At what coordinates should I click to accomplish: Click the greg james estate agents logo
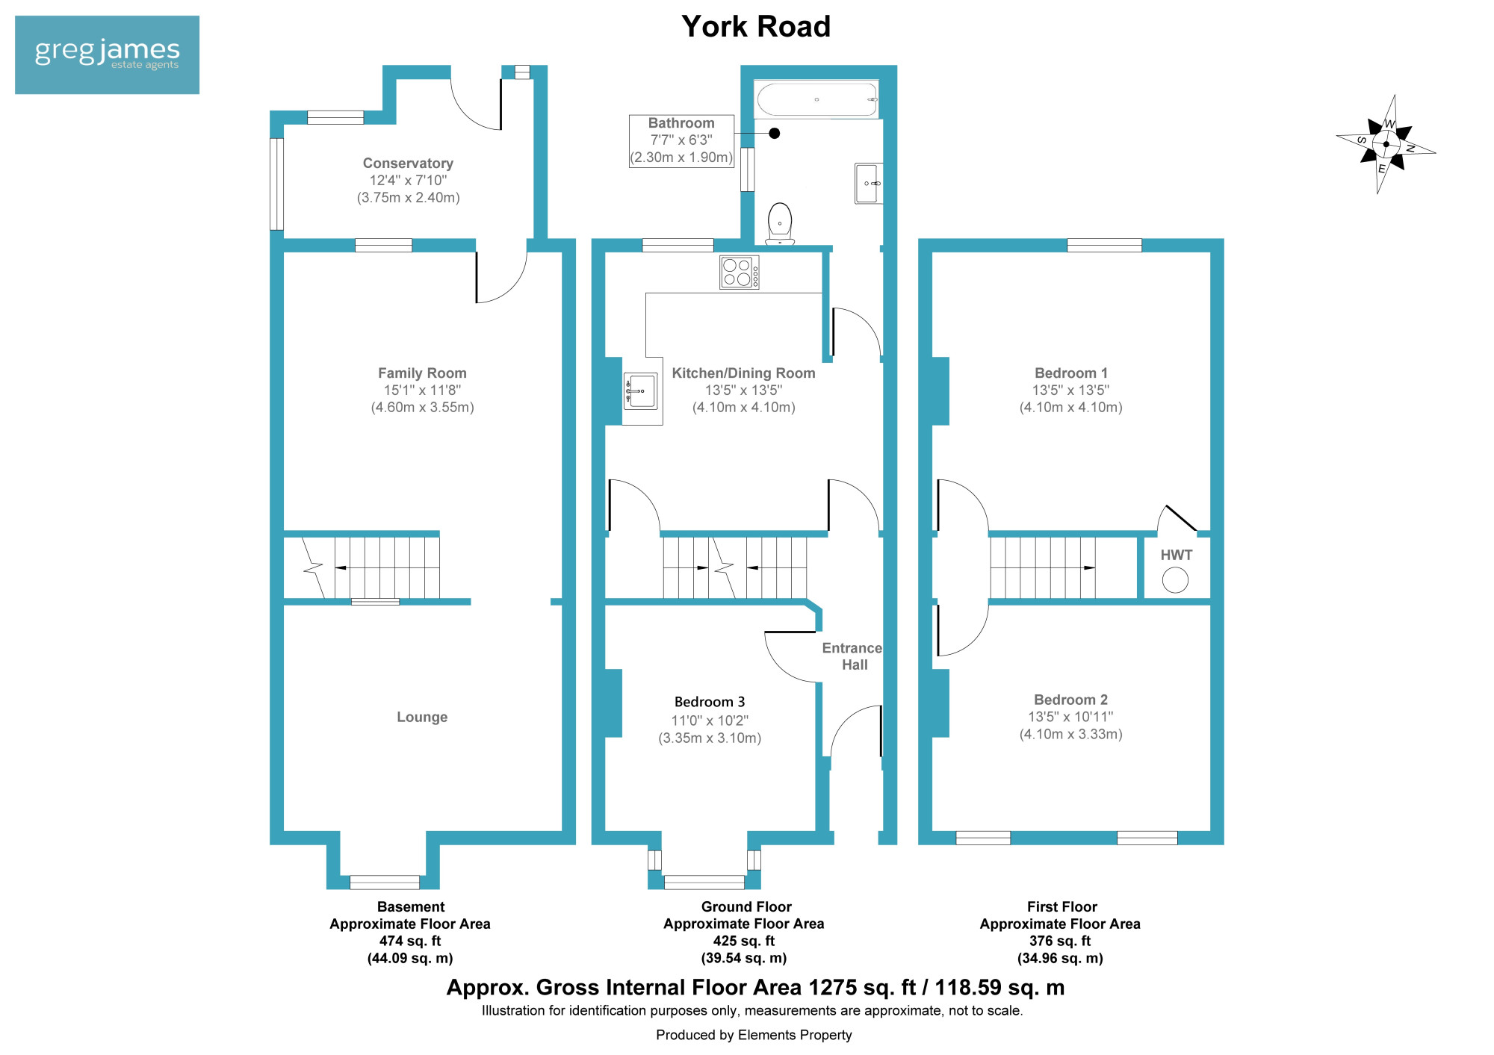coord(107,55)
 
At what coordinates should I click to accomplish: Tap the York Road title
coord(756,27)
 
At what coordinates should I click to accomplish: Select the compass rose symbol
coord(1386,144)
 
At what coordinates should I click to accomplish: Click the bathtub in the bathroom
coord(816,99)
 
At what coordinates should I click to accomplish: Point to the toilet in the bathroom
coord(780,223)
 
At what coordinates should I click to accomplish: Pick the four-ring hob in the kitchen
coord(740,272)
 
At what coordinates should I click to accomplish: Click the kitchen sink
coord(640,391)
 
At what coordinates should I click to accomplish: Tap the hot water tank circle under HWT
coord(1175,580)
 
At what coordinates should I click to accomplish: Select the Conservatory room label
coord(408,163)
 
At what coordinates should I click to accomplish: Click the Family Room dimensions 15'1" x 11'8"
coord(422,390)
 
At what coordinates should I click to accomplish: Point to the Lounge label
coord(422,717)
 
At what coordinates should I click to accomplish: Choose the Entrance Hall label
coord(852,656)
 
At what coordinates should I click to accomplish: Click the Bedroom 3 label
coord(710,702)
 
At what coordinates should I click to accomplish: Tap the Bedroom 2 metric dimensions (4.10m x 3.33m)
coord(1071,734)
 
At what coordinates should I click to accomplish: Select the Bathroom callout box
coord(681,140)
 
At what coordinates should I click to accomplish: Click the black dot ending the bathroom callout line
coord(775,133)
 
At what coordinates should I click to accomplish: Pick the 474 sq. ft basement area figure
coord(410,941)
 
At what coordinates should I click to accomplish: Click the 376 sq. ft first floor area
coord(1060,941)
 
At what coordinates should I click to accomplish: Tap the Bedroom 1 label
coord(1071,373)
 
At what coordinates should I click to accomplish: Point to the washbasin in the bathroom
coord(869,183)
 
